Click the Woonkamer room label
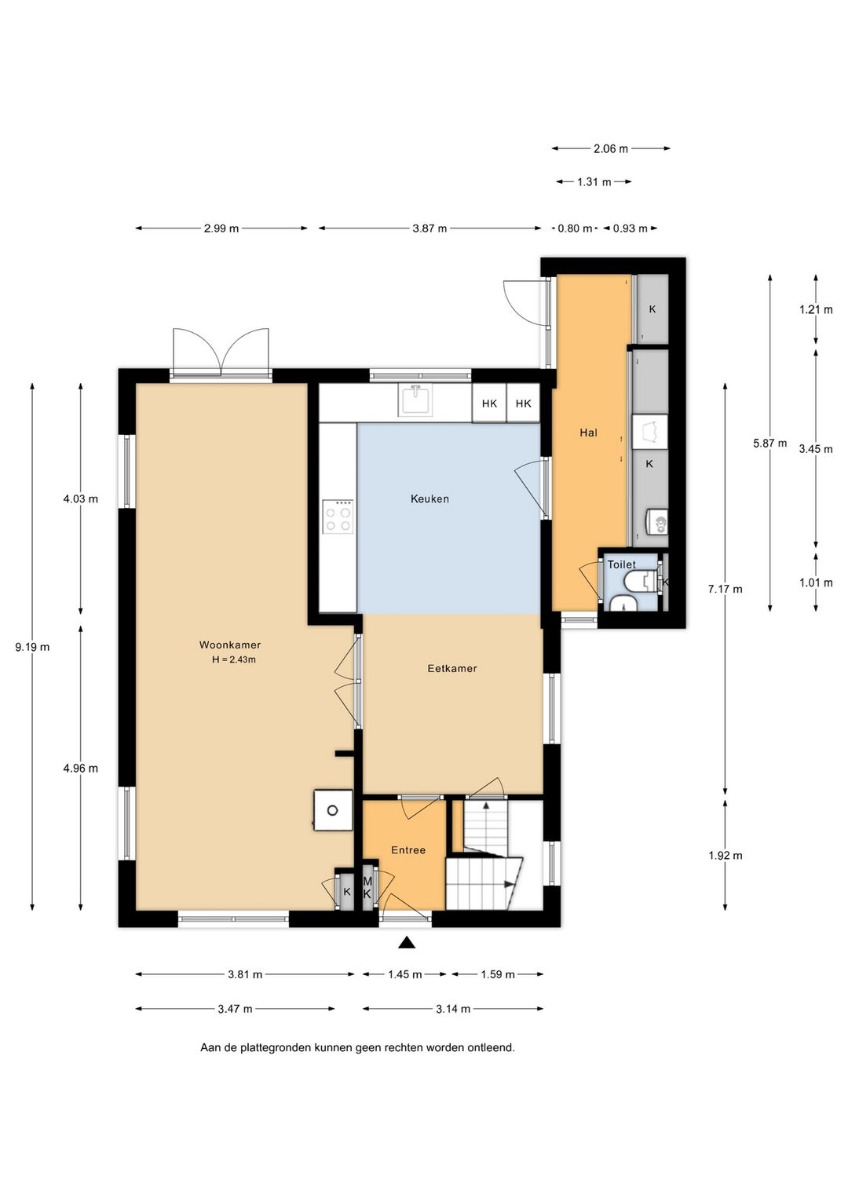tap(229, 645)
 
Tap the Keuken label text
tap(429, 499)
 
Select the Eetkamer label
tap(452, 669)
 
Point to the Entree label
tap(408, 850)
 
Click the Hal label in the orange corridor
tap(588, 433)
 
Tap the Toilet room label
tap(622, 564)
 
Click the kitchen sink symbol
tap(414, 400)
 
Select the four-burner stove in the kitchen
tap(338, 516)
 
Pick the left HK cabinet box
tap(489, 404)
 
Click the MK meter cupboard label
tap(367, 888)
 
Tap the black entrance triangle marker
tap(408, 943)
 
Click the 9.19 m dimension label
tap(33, 647)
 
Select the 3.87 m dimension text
tap(429, 229)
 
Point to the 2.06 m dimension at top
tap(610, 149)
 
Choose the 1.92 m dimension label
tap(726, 856)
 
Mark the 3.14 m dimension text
tap(453, 1010)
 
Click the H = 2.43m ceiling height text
tap(234, 660)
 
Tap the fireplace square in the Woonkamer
tap(333, 810)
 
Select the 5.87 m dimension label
tap(770, 444)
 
